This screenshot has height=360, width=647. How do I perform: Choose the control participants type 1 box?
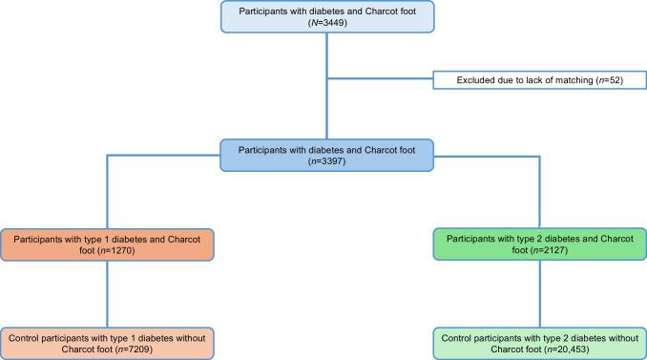pos(107,343)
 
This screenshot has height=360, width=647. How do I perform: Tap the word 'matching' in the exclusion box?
pos(556,81)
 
